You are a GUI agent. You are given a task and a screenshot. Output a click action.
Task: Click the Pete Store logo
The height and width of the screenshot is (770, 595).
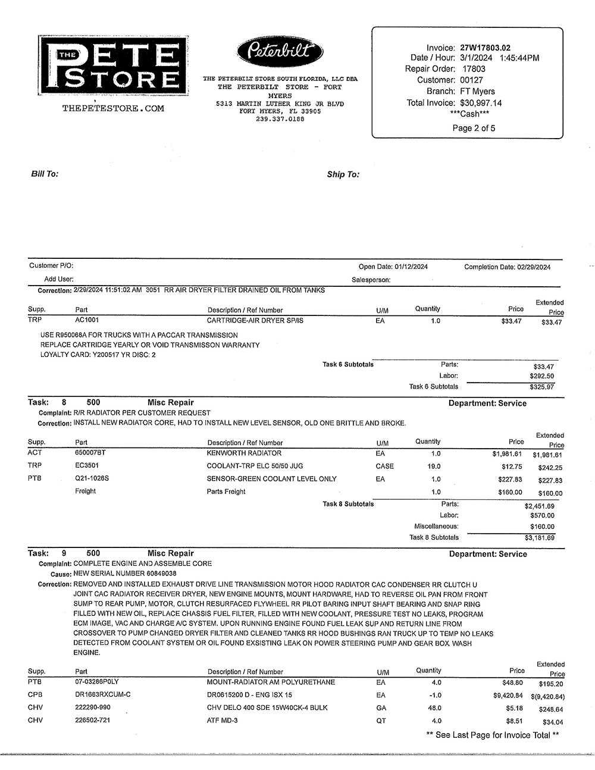113,65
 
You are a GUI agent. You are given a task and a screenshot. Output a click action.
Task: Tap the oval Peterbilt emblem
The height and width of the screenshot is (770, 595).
280,51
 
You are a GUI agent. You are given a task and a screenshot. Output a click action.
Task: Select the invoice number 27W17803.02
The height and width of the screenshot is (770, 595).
485,48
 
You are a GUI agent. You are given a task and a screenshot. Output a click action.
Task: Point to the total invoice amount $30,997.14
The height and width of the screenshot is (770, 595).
481,103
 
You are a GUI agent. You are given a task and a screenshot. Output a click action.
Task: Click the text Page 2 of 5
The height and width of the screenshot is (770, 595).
474,128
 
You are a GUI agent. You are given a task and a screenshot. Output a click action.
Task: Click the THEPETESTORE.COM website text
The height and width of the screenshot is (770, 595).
113,108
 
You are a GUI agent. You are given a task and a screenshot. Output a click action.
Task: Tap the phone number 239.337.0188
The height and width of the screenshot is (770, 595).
280,119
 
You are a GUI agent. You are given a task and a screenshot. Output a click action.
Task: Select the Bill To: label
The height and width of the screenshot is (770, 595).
45,174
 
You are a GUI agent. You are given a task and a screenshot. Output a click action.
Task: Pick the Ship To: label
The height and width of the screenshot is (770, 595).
343,174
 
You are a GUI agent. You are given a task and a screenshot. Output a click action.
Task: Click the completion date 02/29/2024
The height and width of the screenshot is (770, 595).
534,267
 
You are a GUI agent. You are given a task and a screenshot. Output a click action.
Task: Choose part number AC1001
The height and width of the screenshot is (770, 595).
87,320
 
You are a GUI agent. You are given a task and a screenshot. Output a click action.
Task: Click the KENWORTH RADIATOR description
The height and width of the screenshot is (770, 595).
236,453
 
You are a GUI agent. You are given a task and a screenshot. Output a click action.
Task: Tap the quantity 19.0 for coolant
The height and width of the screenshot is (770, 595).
434,467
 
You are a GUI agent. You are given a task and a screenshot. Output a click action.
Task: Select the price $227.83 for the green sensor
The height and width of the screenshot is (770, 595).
510,480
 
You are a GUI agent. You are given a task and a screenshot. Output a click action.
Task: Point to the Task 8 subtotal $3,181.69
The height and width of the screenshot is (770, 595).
540,538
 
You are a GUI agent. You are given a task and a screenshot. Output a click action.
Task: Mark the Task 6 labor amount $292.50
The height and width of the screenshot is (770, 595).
541,376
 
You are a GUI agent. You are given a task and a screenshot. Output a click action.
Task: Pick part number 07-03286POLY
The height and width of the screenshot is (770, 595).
97,682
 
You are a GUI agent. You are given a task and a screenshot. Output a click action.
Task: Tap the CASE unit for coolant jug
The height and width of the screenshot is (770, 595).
384,467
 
